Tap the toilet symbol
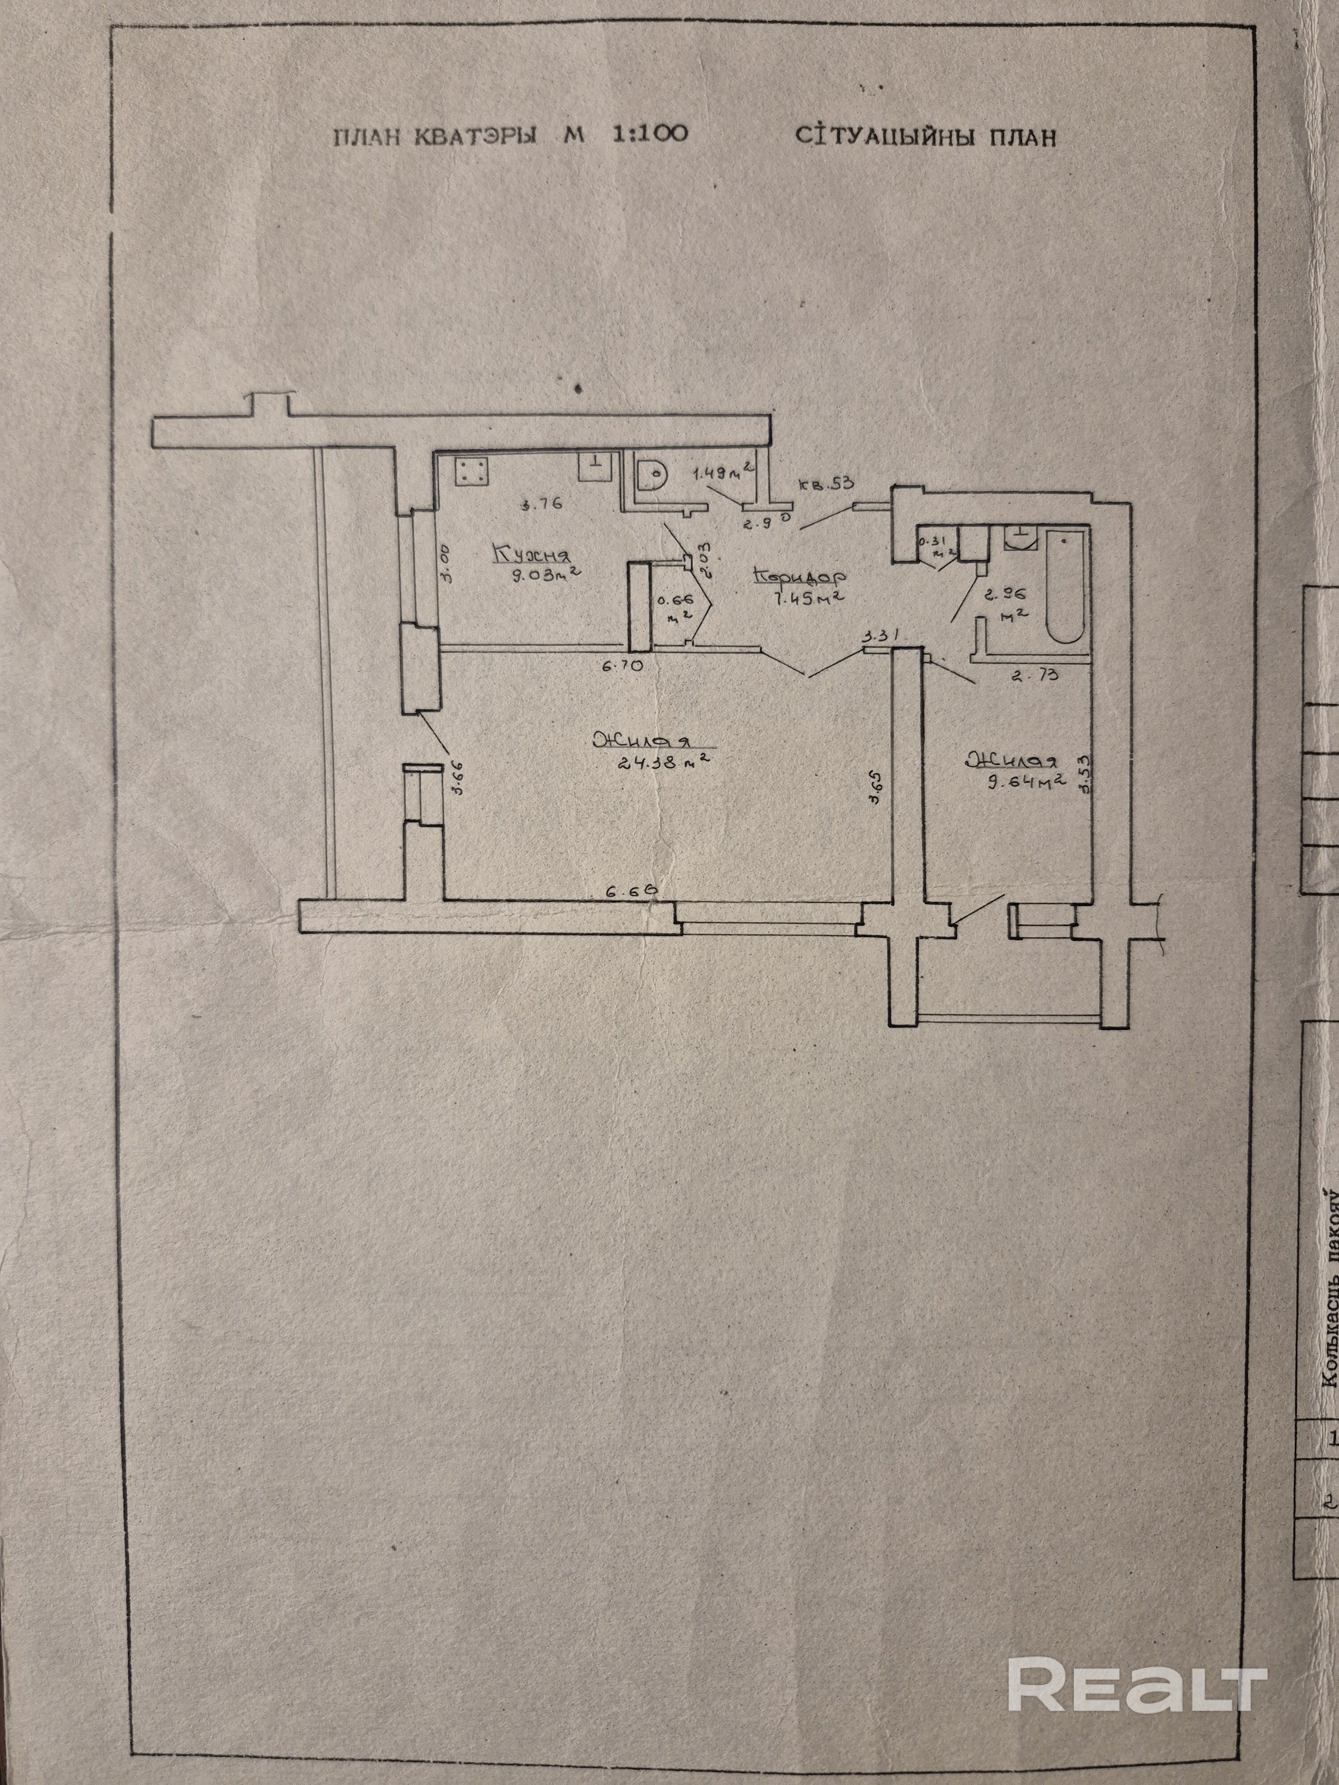651,474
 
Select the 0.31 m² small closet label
937,545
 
